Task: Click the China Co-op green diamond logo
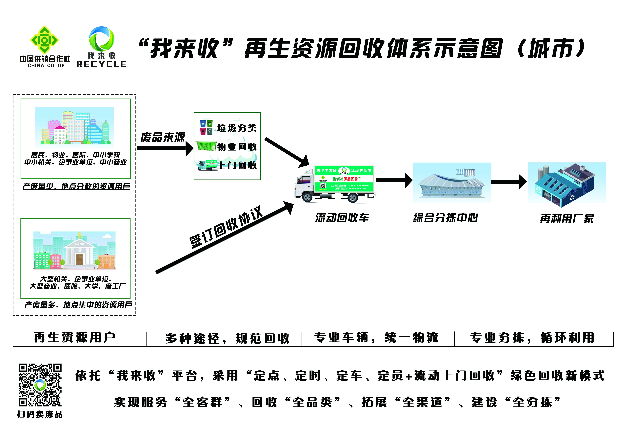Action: tap(44, 40)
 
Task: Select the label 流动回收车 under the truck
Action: tap(342, 217)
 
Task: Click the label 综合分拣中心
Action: tap(446, 217)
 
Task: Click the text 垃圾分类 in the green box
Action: tap(237, 128)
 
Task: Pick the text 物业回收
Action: tap(237, 147)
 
